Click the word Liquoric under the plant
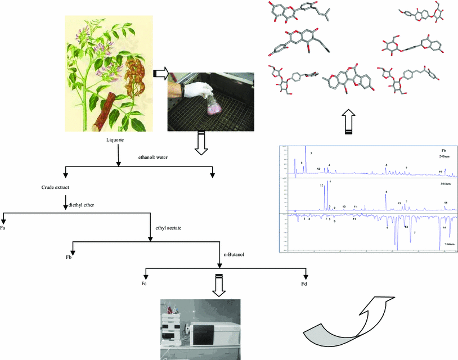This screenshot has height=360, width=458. [x=118, y=138]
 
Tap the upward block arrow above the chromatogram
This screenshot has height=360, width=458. [x=349, y=123]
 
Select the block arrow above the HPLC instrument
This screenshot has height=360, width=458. [x=219, y=285]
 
